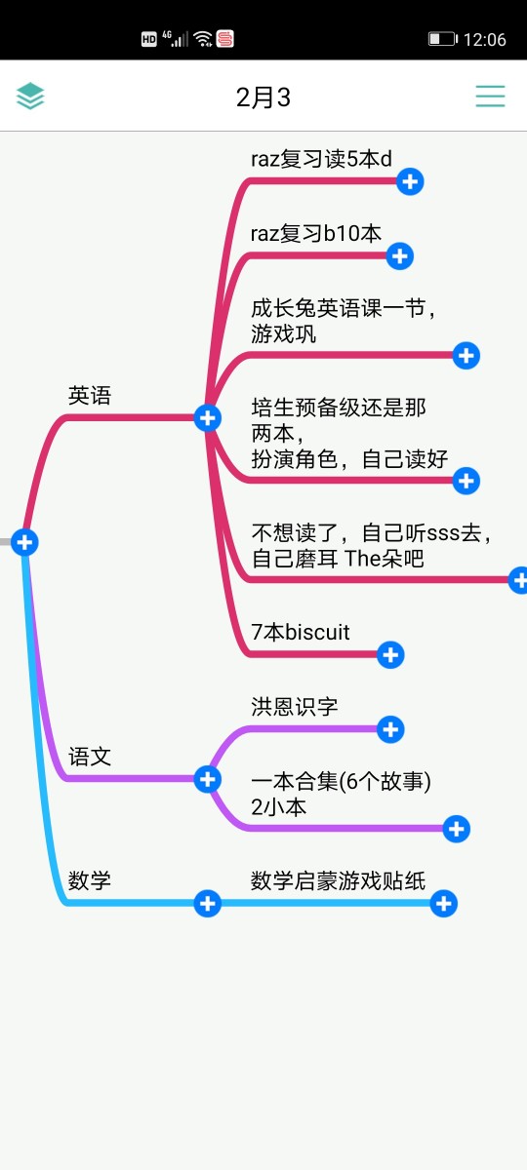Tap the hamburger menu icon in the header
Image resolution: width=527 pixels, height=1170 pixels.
[x=490, y=97]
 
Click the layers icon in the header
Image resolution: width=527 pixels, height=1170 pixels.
[x=30, y=97]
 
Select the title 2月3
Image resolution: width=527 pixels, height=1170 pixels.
[x=263, y=97]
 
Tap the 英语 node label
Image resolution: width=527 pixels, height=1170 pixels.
[x=90, y=396]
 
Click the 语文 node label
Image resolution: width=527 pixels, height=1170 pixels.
[x=90, y=757]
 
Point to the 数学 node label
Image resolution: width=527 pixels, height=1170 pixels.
[x=90, y=880]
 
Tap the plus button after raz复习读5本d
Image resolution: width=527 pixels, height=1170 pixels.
[x=410, y=181]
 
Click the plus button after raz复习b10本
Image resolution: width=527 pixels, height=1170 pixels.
[x=400, y=255]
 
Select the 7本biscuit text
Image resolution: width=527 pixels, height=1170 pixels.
[x=301, y=632]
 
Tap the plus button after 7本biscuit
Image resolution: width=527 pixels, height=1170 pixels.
[x=390, y=655]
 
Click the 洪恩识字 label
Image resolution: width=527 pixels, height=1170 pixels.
[x=295, y=707]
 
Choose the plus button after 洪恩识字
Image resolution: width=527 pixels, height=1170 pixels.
[x=390, y=729]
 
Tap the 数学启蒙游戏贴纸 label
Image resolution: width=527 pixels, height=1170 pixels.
[x=338, y=880]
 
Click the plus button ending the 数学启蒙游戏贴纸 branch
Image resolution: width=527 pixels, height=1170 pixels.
[x=444, y=904]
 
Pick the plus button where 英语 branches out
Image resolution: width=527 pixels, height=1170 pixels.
[x=208, y=418]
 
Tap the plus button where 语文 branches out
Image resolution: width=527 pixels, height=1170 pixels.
[x=208, y=779]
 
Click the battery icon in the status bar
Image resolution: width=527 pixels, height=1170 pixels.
[x=443, y=39]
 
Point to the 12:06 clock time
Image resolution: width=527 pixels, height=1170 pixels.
[x=485, y=40]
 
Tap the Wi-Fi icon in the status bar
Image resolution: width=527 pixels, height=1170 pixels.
[x=203, y=39]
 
